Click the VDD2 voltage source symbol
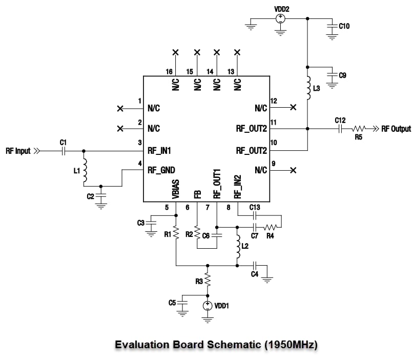pos(281,18)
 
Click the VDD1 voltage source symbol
pos(207,306)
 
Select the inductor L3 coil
pos(307,88)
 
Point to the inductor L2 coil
pos(237,248)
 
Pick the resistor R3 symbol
pos(207,280)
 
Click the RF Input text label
pos(18,151)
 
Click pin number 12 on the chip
pos(274,101)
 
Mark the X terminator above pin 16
pos(175,52)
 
